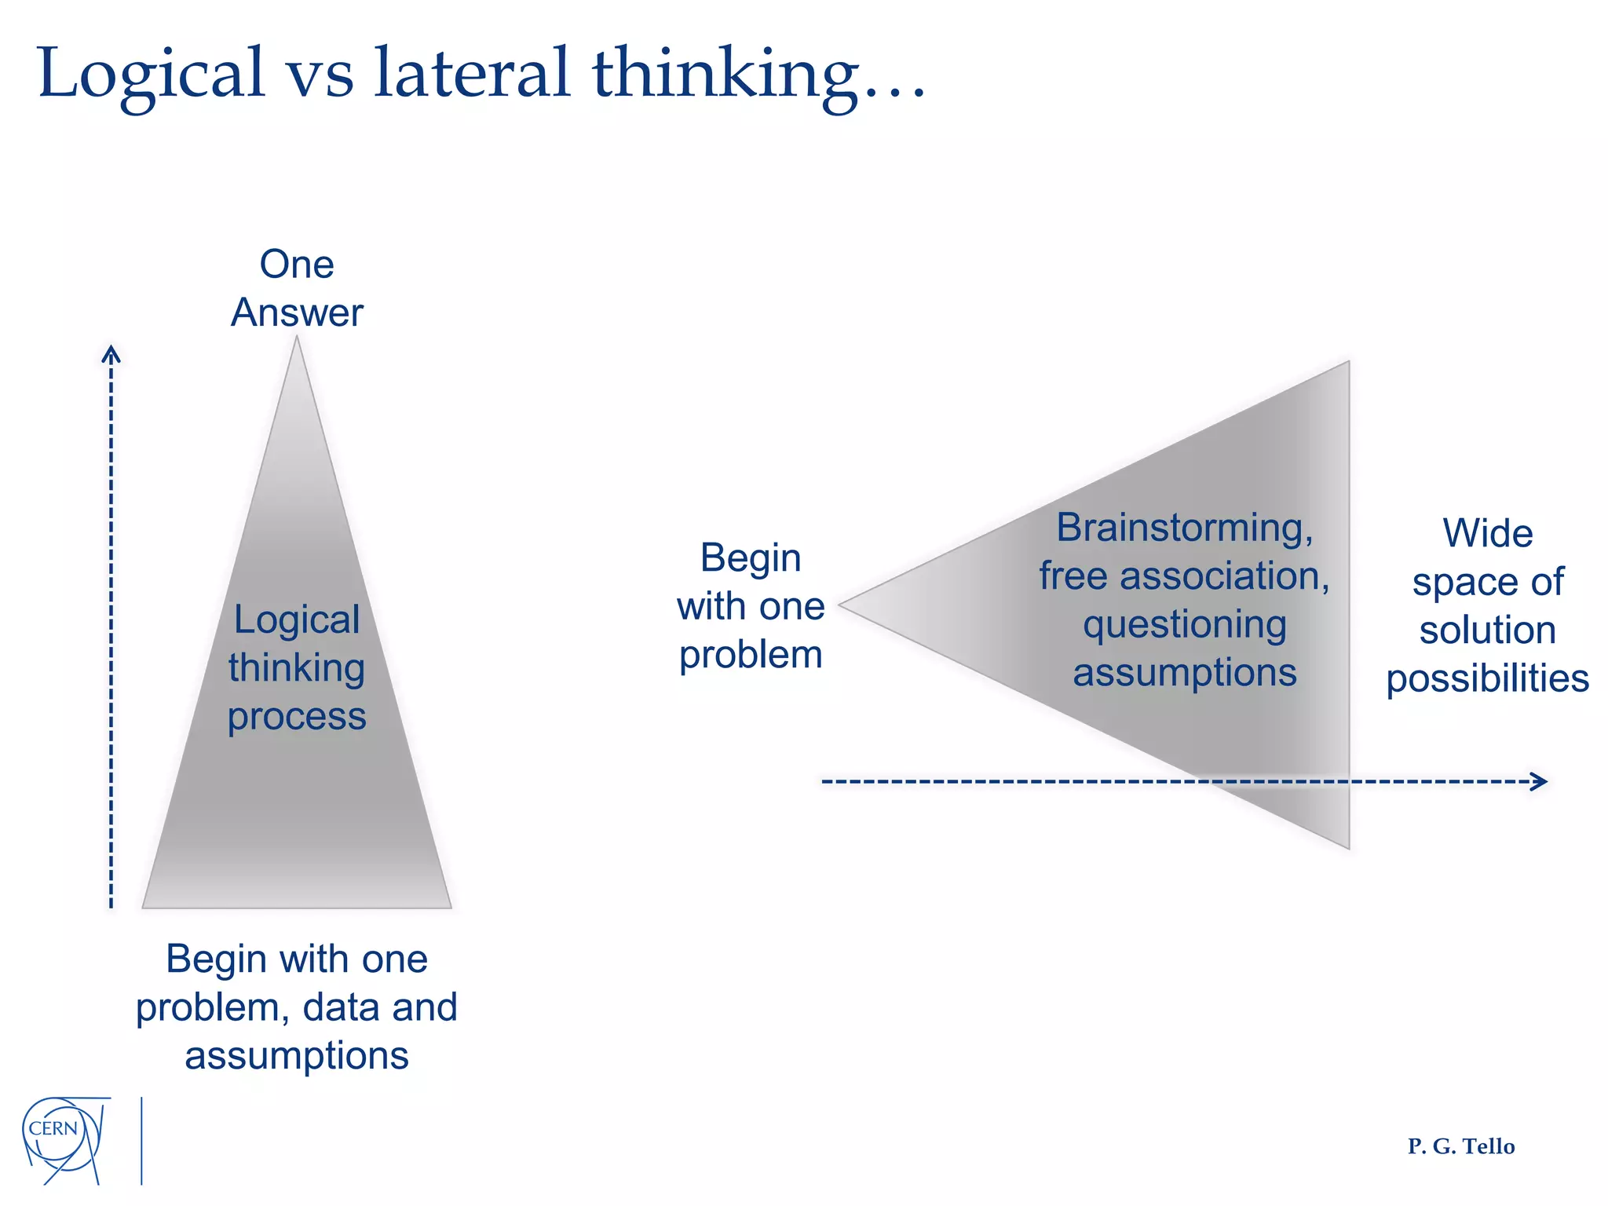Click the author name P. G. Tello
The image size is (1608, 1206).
pos(1460,1146)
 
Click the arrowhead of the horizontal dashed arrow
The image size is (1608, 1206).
pos(1540,781)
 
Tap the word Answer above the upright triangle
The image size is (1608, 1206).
pos(297,312)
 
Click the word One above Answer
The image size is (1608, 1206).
pos(297,265)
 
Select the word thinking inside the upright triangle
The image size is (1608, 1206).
pos(297,668)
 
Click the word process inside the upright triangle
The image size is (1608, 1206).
pos(297,716)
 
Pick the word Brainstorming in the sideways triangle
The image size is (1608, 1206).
pos(1184,528)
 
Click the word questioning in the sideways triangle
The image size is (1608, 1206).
pos(1184,625)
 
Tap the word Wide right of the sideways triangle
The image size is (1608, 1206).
pos(1487,534)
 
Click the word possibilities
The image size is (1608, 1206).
pos(1487,678)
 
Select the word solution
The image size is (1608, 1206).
pos(1487,630)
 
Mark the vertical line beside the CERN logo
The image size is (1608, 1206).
pos(141,1140)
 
